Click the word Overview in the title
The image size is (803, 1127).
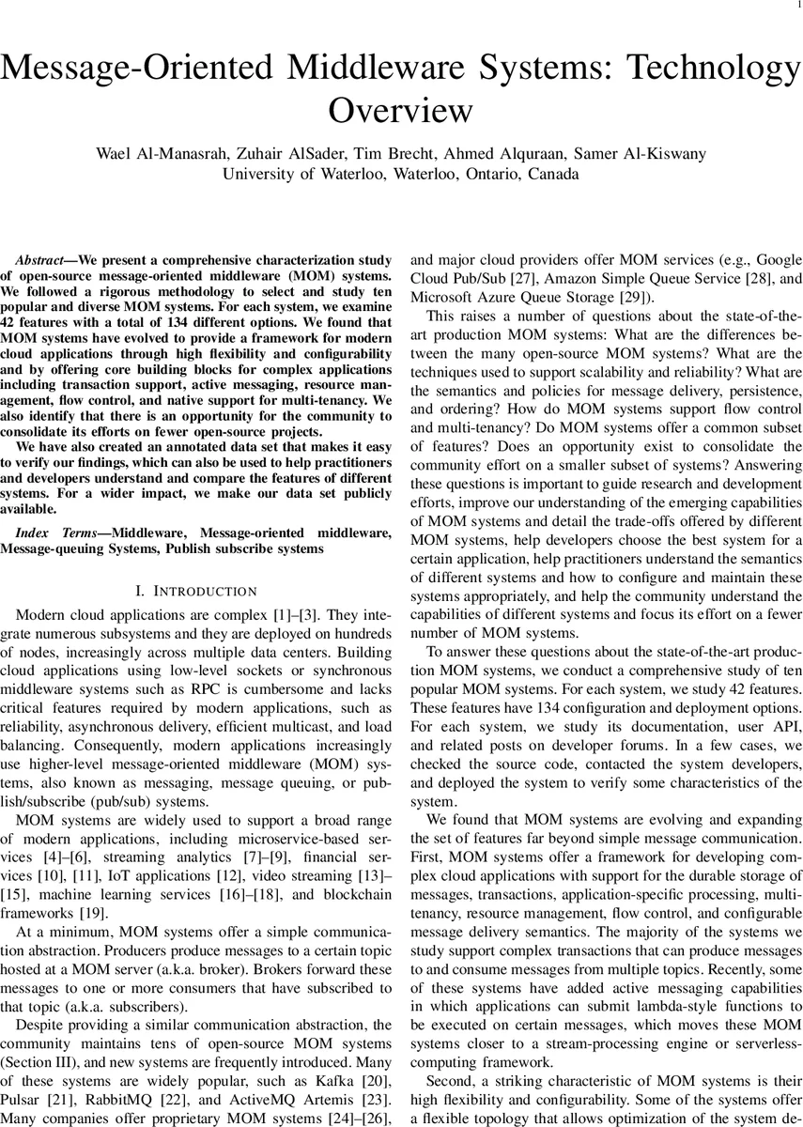401,111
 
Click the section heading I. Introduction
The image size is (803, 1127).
196,591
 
